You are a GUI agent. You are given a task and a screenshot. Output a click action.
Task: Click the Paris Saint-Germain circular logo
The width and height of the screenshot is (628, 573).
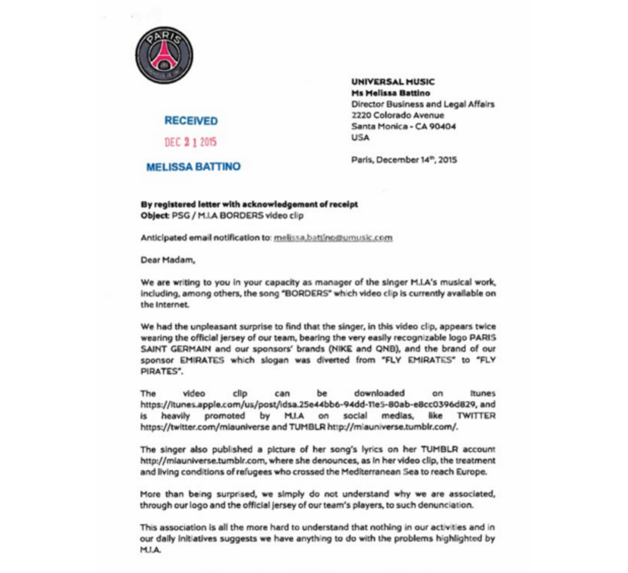pyautogui.click(x=164, y=55)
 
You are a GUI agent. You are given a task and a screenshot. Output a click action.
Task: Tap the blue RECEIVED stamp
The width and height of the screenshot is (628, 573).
pyautogui.click(x=191, y=121)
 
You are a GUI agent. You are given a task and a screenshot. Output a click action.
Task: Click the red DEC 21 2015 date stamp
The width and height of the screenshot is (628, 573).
pyautogui.click(x=190, y=142)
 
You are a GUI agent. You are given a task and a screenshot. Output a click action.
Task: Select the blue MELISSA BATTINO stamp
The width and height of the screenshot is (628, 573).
pyautogui.click(x=193, y=167)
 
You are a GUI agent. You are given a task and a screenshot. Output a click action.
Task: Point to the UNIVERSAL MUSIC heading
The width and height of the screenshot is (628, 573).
pyautogui.click(x=393, y=82)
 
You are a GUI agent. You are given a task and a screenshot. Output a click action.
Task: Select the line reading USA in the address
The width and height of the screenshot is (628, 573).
pyautogui.click(x=360, y=138)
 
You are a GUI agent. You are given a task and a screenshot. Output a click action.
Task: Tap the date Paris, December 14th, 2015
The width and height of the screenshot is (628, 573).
pyautogui.click(x=404, y=160)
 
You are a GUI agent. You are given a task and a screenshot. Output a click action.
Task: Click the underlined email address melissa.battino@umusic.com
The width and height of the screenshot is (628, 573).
pyautogui.click(x=333, y=237)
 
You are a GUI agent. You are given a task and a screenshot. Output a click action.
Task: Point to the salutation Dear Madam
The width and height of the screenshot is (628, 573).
pyautogui.click(x=167, y=260)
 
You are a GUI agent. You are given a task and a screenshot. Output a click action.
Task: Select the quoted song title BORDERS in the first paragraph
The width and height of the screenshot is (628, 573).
pyautogui.click(x=306, y=294)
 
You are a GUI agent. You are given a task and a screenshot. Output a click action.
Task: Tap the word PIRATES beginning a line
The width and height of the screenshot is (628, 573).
pyautogui.click(x=159, y=371)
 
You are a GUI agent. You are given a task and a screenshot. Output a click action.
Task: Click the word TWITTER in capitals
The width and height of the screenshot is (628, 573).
pyautogui.click(x=476, y=416)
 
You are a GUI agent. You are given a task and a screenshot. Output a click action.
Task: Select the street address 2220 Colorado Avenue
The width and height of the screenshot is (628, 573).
pyautogui.click(x=398, y=115)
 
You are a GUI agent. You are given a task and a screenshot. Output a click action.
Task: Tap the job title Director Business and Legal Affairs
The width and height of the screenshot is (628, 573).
pyautogui.click(x=423, y=104)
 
